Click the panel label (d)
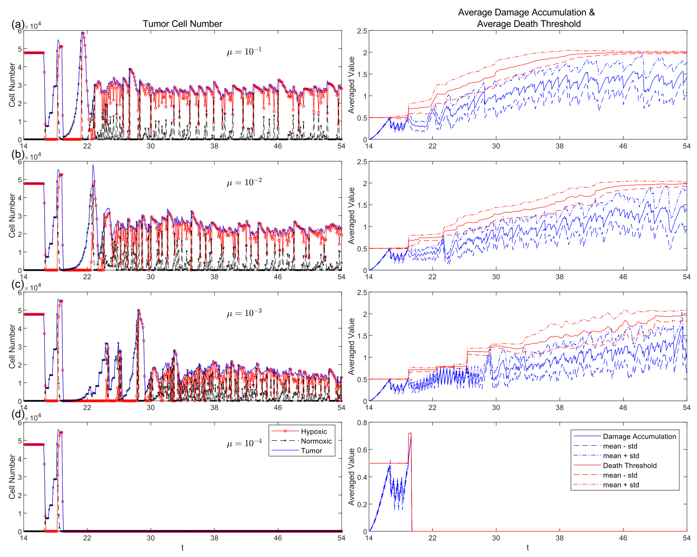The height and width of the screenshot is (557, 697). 17,415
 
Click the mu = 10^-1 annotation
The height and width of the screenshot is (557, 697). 244,51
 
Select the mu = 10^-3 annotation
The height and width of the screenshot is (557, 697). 244,313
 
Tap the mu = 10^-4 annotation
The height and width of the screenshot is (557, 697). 244,443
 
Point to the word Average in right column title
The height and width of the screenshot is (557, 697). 475,12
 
